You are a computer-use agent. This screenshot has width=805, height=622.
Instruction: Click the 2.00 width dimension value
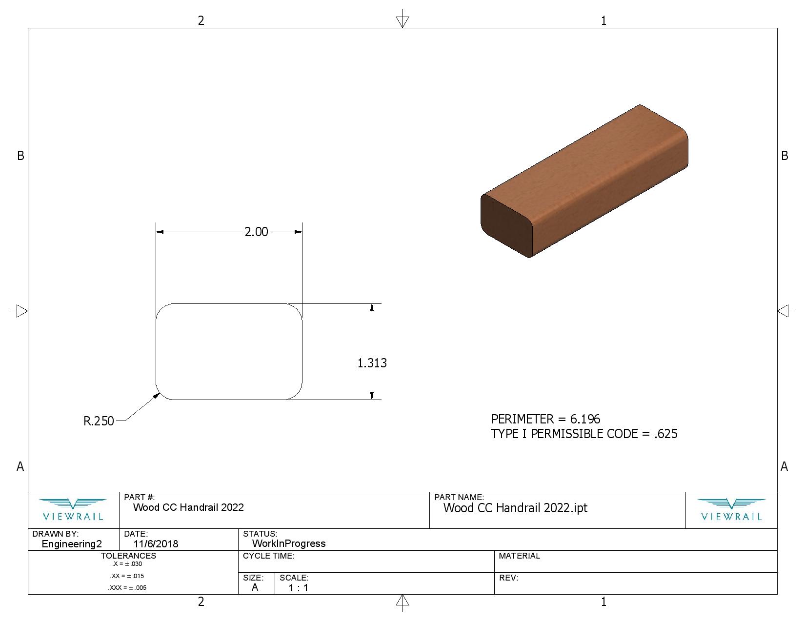tap(256, 232)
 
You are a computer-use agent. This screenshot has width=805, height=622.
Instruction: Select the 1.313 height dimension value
tap(372, 363)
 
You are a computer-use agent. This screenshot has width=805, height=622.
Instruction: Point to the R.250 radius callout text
tap(99, 421)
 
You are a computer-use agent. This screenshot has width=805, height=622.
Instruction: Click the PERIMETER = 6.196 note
tap(545, 419)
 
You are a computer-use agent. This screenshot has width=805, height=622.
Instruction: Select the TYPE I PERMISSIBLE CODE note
tap(584, 434)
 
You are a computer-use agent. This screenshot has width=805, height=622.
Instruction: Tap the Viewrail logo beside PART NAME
tap(731, 510)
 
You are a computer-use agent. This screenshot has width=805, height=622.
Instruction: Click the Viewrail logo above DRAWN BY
tap(73, 510)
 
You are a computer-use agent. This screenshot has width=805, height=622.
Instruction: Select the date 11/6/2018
tap(156, 544)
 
